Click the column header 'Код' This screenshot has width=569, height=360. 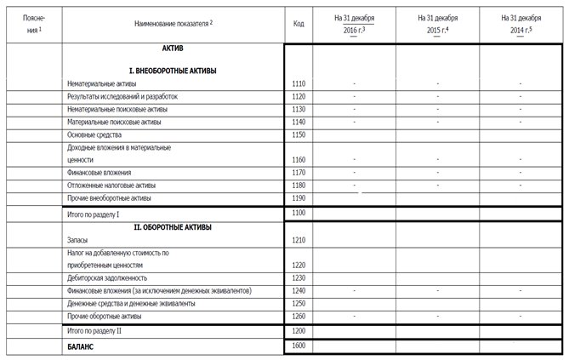click(x=298, y=23)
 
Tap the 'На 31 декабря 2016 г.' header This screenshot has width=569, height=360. click(x=355, y=23)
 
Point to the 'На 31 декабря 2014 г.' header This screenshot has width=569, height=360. click(x=521, y=23)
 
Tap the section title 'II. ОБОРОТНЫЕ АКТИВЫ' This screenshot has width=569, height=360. click(x=173, y=227)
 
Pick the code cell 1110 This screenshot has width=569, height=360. click(x=298, y=84)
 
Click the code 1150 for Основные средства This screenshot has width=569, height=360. click(x=298, y=134)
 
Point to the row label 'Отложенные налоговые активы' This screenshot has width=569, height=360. click(x=111, y=185)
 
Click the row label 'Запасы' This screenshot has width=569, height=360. click(x=78, y=240)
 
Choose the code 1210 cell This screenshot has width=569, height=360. click(x=298, y=240)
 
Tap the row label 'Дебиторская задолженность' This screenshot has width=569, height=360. click(x=107, y=277)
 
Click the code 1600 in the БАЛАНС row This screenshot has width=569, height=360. click(x=298, y=346)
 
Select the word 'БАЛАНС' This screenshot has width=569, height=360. click(x=81, y=346)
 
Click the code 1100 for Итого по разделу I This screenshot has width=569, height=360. click(x=298, y=214)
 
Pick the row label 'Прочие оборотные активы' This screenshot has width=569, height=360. click(x=105, y=316)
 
